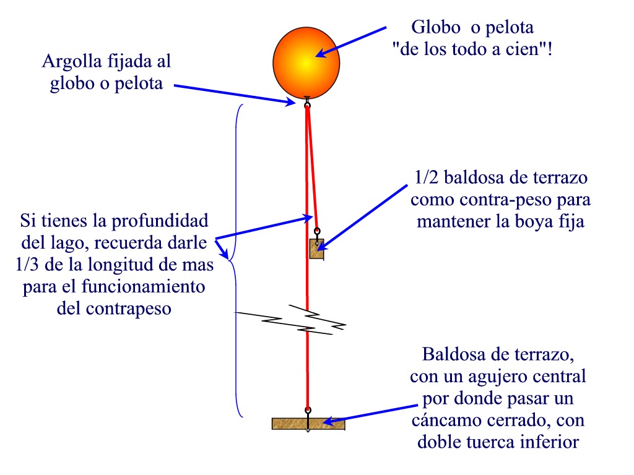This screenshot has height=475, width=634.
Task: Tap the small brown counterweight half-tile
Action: pyautogui.click(x=316, y=249)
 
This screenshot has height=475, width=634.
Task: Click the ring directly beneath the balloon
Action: pyautogui.click(x=307, y=105)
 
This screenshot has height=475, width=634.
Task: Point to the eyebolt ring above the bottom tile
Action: pyautogui.click(x=308, y=410)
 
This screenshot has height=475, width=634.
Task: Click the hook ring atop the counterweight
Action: pyautogui.click(x=317, y=234)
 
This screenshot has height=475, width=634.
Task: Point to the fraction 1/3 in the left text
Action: pyautogui.click(x=28, y=265)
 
